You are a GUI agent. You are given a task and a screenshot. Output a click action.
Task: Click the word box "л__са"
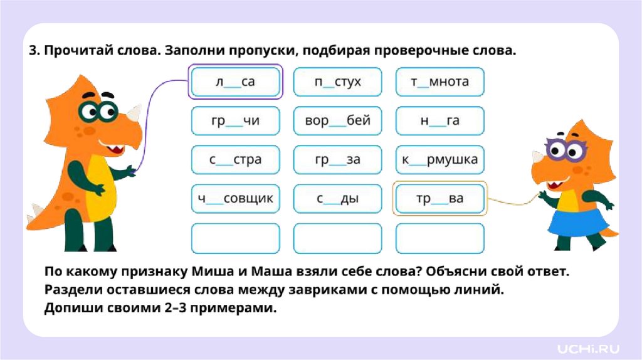click(235, 82)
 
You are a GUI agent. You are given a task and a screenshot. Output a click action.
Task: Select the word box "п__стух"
click(337, 82)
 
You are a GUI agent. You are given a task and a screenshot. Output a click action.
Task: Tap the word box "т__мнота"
click(440, 82)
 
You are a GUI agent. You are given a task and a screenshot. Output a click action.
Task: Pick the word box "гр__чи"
click(235, 121)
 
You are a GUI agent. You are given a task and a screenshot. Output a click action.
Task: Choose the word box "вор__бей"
click(337, 121)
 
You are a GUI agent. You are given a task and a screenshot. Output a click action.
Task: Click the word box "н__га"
click(440, 121)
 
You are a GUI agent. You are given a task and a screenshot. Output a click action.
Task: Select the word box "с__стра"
click(235, 160)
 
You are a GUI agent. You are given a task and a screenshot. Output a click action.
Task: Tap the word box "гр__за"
click(337, 160)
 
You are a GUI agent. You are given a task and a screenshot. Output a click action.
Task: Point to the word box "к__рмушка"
click(440, 160)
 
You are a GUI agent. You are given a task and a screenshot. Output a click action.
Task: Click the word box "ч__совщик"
click(235, 199)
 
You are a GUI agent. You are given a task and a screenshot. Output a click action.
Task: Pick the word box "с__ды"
click(337, 199)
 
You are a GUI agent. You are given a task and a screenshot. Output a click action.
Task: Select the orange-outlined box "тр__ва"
click(440, 199)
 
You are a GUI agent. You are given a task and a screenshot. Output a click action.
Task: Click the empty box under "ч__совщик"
click(235, 238)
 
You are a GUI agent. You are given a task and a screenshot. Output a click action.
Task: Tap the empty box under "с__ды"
click(337, 238)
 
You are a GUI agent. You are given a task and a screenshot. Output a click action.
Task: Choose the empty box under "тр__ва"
click(440, 238)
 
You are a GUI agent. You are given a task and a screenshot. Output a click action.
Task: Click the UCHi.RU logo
click(588, 347)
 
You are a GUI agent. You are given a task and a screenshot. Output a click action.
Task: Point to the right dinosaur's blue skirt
click(579, 222)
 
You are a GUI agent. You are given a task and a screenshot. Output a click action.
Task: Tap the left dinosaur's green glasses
click(97, 112)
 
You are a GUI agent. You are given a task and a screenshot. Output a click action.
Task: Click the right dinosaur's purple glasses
click(566, 150)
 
